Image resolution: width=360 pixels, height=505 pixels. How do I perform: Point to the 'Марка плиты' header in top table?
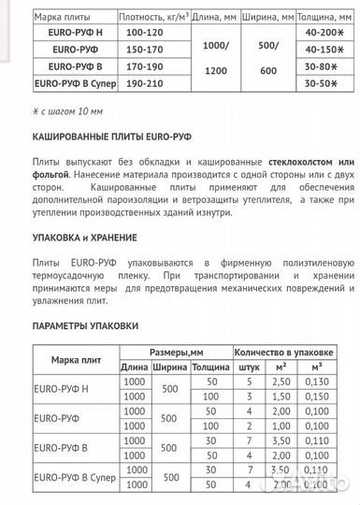click(64, 14)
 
